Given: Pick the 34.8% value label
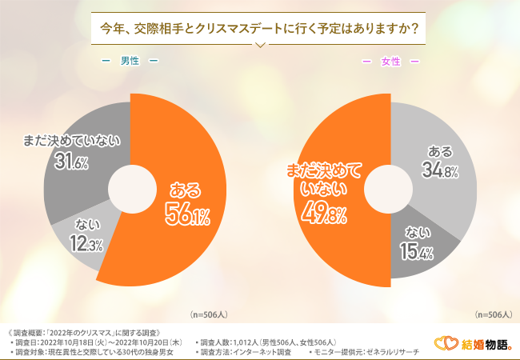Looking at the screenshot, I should click(439, 170).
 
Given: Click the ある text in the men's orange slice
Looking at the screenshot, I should click(186, 190).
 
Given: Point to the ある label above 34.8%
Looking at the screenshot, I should click(440, 150).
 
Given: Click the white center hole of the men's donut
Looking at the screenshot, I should click(130, 190).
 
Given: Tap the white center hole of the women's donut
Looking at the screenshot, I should click(390, 190).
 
